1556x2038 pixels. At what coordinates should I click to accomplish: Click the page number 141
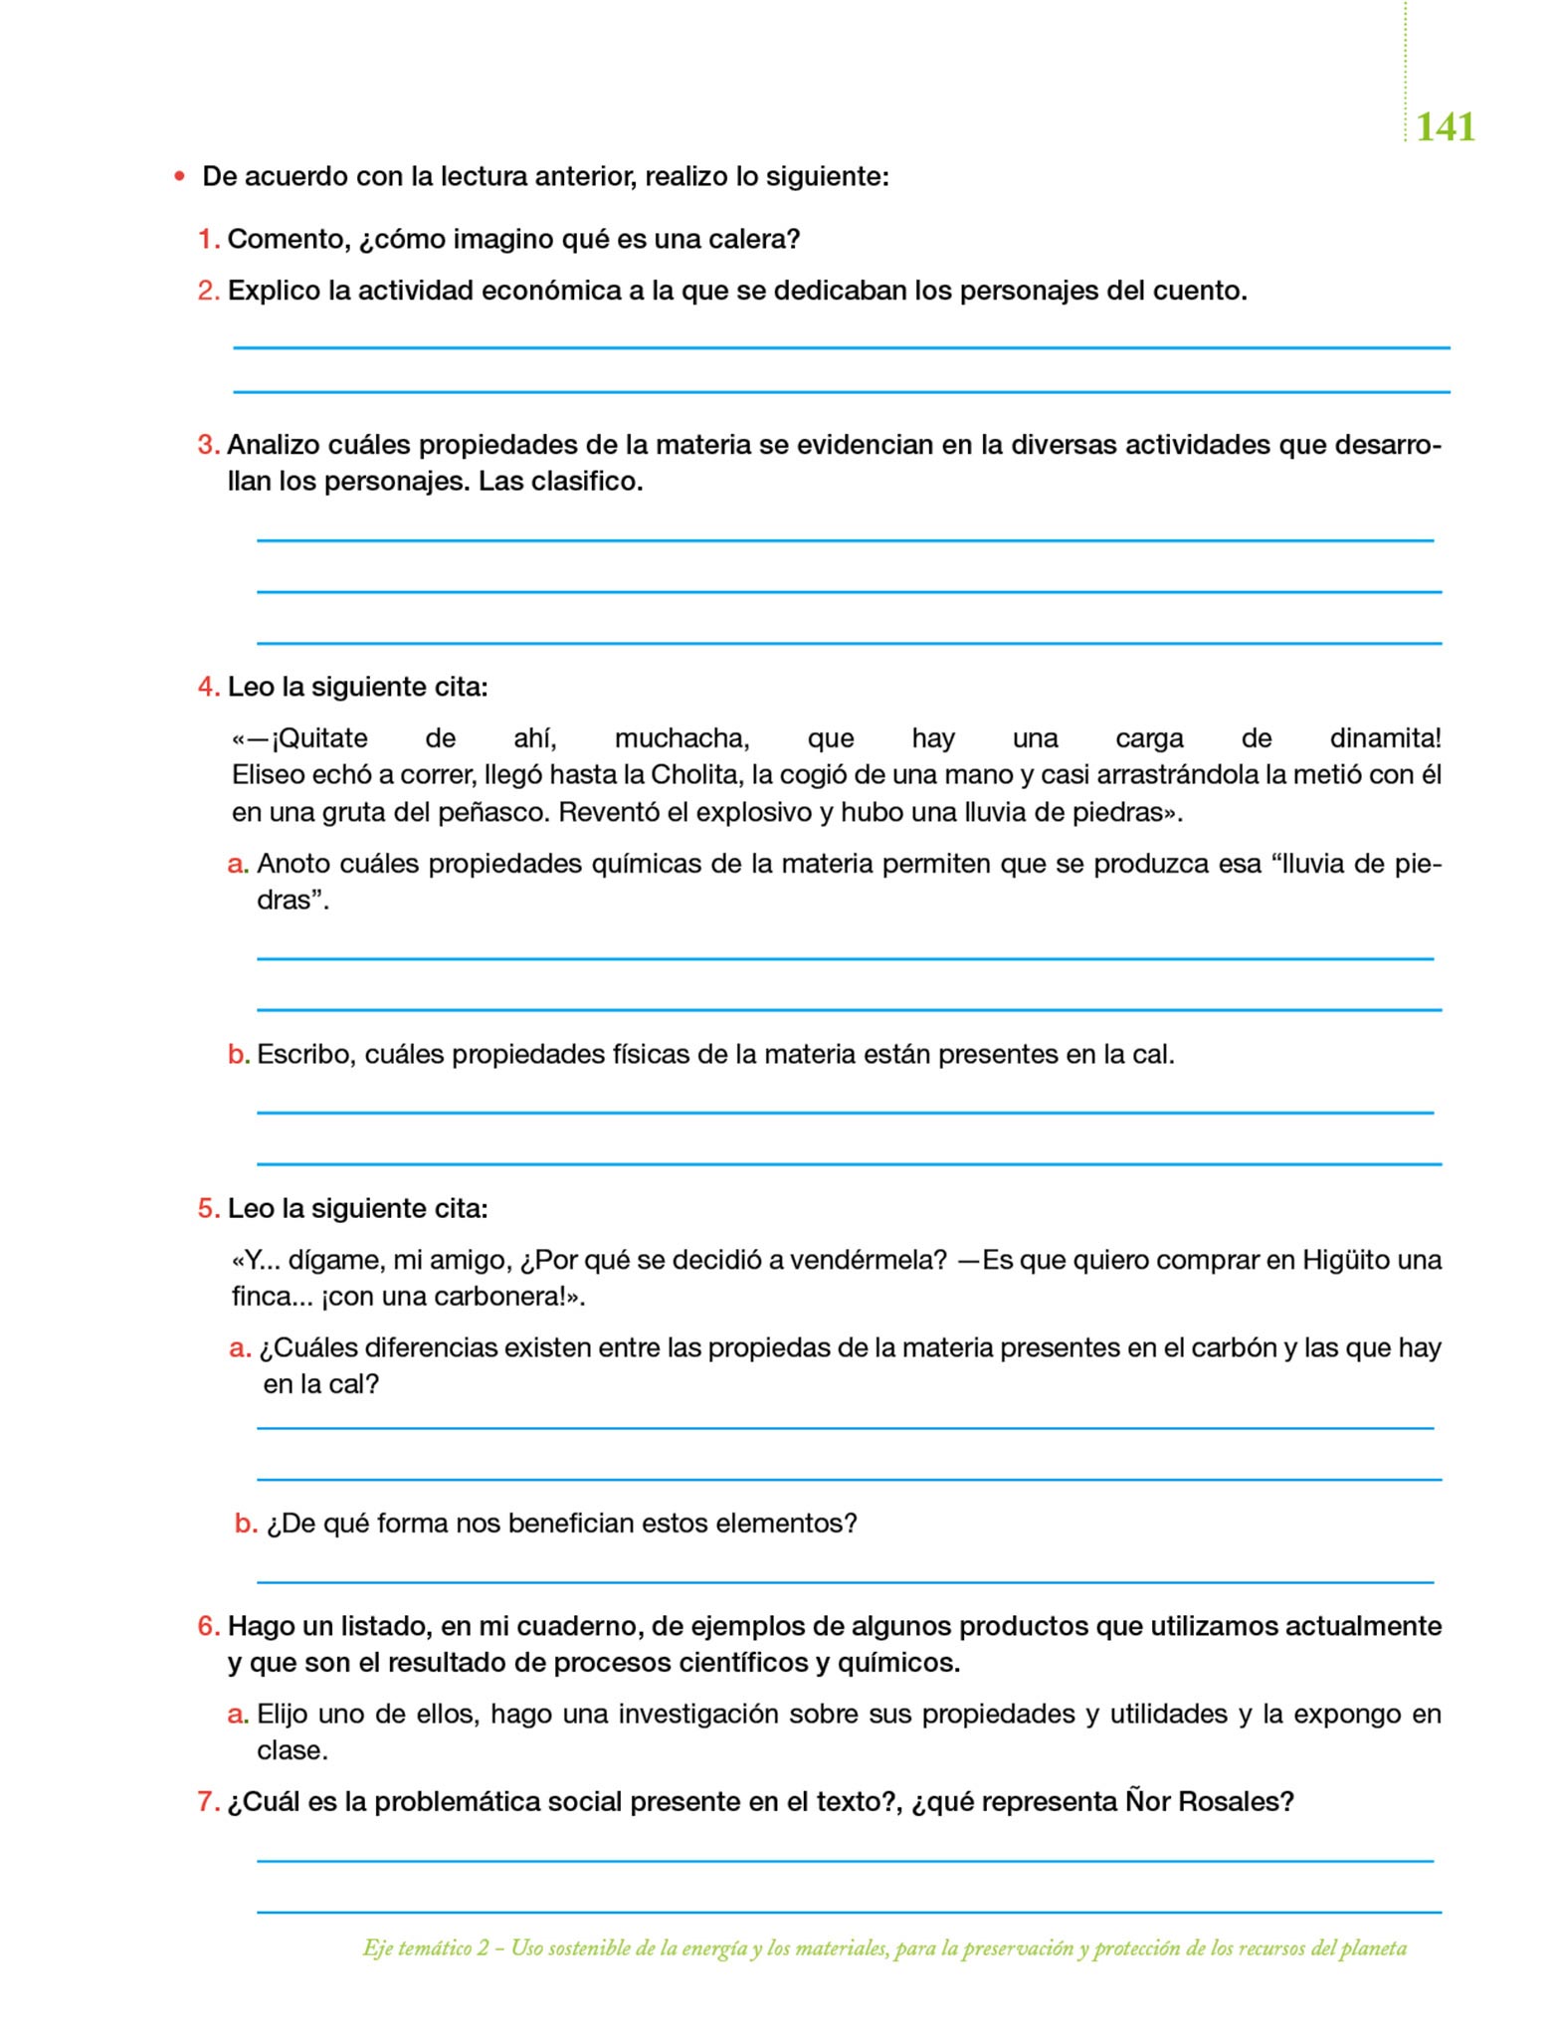[x=1445, y=127]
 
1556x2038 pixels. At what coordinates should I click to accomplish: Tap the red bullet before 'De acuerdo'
[x=179, y=177]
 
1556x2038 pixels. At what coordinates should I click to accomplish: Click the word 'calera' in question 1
[x=748, y=240]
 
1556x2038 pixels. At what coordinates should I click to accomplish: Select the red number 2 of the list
[x=207, y=291]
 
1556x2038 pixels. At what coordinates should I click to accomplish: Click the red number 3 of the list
[x=207, y=445]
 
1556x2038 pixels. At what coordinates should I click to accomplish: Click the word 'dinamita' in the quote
[x=1382, y=738]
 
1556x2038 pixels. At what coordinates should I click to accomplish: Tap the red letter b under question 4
[x=237, y=1055]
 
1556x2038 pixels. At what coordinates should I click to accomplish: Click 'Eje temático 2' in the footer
[x=426, y=1948]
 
